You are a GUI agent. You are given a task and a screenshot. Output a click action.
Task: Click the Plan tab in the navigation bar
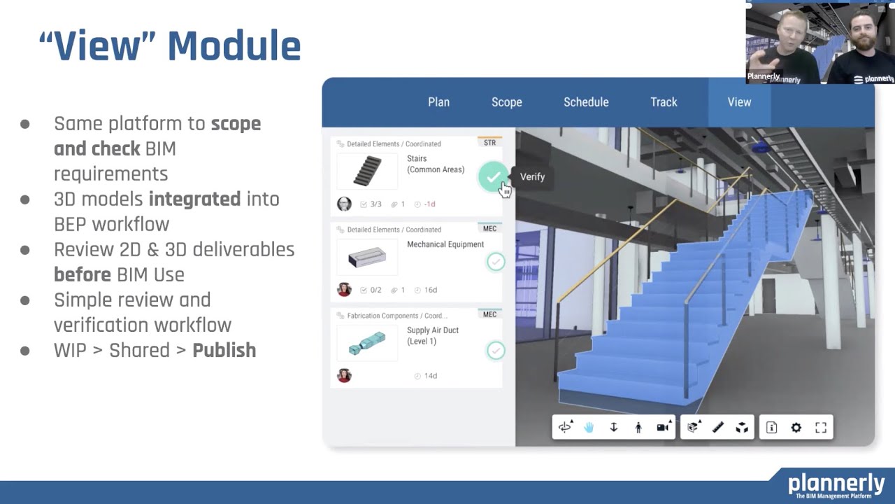438,102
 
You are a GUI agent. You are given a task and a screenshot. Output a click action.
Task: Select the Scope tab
506,102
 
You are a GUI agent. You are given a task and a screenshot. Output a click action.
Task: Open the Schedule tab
586,102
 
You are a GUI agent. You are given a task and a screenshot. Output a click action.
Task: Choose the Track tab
664,102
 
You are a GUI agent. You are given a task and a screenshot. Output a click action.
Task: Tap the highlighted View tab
739,102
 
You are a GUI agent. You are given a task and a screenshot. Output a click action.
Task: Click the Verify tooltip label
532,177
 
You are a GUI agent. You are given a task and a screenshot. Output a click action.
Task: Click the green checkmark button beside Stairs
494,176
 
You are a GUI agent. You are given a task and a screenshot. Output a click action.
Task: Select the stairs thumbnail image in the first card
367,171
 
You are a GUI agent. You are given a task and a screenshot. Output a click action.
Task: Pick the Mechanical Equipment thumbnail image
367,258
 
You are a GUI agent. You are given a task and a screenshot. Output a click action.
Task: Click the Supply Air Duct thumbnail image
367,343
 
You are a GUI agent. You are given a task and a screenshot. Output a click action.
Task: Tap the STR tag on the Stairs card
489,143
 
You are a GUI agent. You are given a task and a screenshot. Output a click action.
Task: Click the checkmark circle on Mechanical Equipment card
496,262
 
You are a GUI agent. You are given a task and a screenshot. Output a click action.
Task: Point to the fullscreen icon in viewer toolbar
821,428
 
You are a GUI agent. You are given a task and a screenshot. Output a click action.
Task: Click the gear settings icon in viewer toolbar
796,428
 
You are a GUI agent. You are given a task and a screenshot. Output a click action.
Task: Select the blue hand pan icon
589,428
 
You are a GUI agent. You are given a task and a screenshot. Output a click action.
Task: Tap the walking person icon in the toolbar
638,428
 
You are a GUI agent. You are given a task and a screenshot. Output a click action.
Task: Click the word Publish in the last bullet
224,350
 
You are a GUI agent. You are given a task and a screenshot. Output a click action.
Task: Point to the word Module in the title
234,46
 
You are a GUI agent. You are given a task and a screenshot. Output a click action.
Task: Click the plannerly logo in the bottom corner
836,484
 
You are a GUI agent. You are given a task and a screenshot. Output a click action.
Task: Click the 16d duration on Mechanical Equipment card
430,290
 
